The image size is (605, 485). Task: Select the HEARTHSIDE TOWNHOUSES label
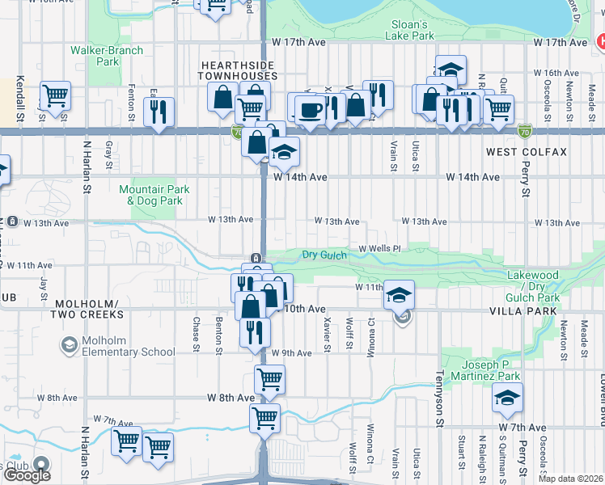239,70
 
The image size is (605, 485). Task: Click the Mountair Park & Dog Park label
154,195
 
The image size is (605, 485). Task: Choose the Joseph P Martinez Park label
480,371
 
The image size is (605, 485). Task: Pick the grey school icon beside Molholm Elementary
69,346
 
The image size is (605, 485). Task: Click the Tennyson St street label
441,400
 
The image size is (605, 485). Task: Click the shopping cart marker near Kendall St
55,96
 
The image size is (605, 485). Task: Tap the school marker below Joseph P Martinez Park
507,397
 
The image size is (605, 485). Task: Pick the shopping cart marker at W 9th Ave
269,377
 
